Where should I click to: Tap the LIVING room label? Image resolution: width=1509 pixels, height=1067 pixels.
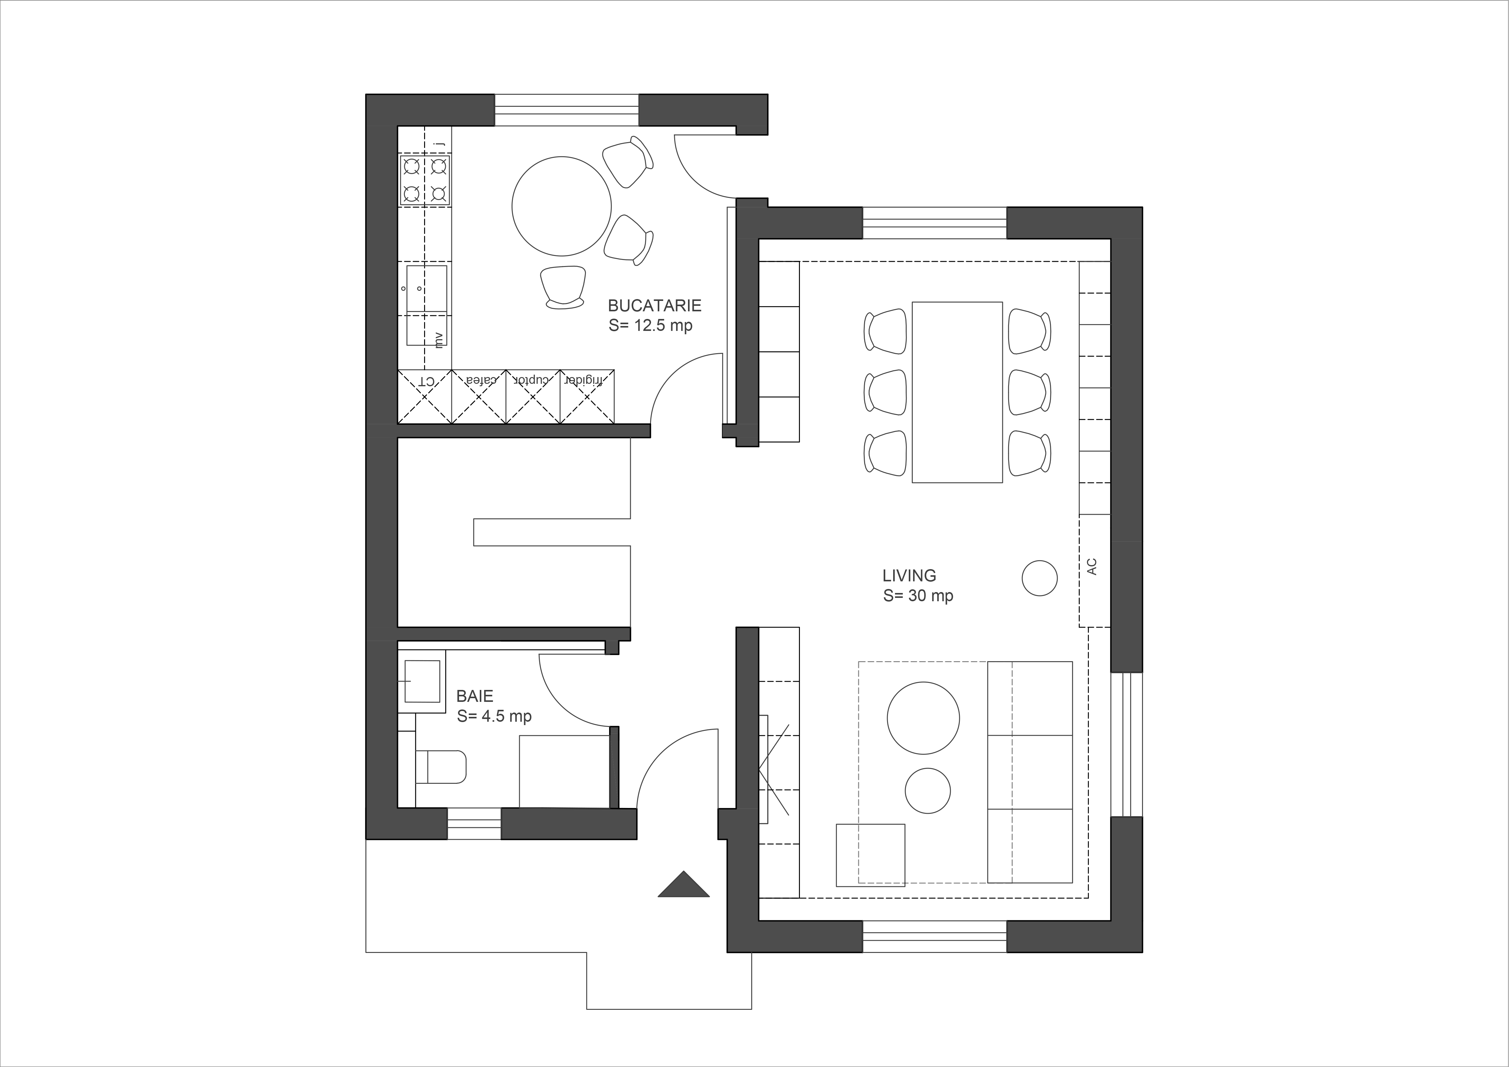tap(909, 576)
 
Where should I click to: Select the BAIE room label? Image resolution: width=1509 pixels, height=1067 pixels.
tap(475, 695)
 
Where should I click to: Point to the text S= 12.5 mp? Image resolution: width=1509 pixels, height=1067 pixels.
tap(650, 325)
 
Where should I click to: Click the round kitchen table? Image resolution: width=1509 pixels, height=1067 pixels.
tap(562, 206)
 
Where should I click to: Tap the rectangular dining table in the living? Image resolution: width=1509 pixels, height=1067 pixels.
tap(957, 392)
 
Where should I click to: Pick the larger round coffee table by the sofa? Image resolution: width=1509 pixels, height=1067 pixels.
tap(923, 718)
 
